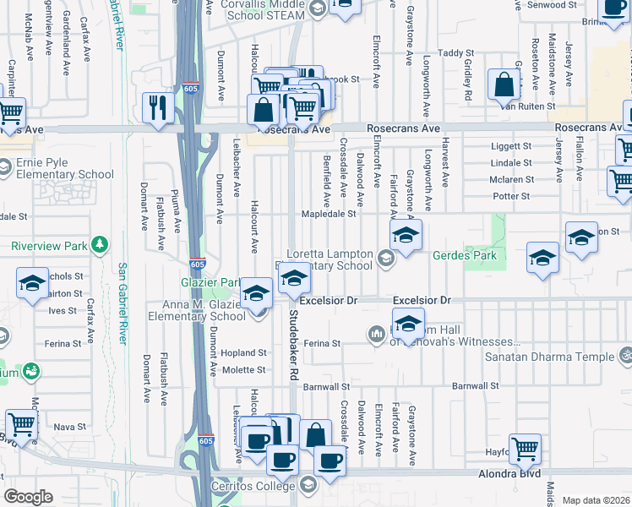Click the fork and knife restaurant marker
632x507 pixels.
pyautogui.click(x=158, y=107)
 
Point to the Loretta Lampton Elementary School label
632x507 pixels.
pyautogui.click(x=330, y=259)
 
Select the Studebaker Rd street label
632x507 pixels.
pyautogui.click(x=294, y=342)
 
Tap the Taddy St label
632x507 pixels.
pyautogui.click(x=456, y=53)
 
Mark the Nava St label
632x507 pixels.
pyautogui.click(x=65, y=427)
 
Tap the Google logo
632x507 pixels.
pyautogui.click(x=28, y=497)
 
